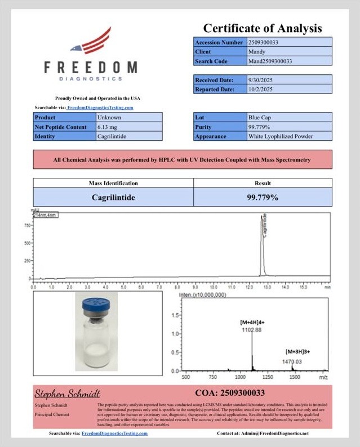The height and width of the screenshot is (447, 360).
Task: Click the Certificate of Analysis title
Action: pyautogui.click(x=262, y=28)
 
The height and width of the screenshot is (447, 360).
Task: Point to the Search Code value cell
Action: pyautogui.click(x=289, y=61)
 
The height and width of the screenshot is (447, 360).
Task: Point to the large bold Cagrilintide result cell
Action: pyautogui.click(x=113, y=197)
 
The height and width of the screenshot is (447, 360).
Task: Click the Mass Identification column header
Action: pyautogui.click(x=113, y=183)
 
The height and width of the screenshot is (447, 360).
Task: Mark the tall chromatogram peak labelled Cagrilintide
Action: pyautogui.click(x=261, y=248)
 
